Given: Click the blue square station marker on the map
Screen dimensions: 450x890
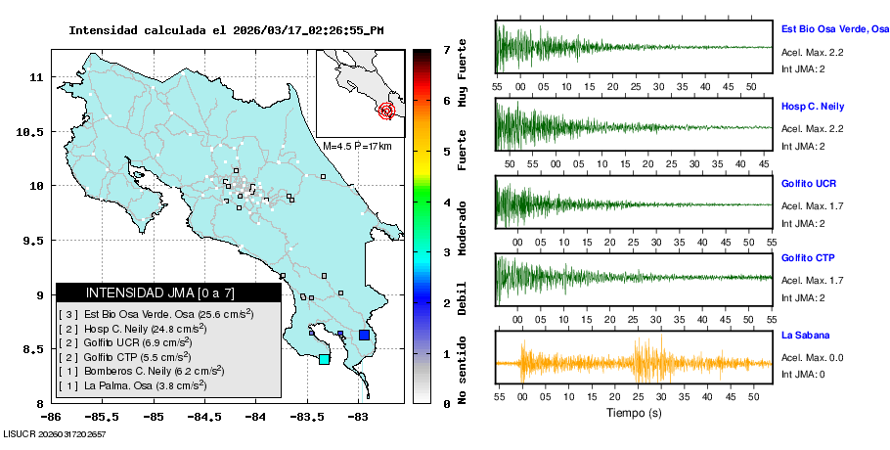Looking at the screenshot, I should click(x=364, y=336).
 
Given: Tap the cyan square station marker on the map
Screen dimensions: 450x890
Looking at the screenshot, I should click(x=325, y=360).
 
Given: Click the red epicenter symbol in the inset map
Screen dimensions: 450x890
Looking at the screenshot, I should click(x=387, y=111).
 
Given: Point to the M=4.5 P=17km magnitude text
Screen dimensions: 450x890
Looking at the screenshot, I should click(x=357, y=147).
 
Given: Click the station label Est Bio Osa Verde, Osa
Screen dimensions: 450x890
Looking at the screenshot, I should click(x=834, y=30).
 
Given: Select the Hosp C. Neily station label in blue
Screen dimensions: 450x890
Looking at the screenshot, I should click(x=813, y=106).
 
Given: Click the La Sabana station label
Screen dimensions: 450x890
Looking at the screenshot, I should click(x=804, y=336).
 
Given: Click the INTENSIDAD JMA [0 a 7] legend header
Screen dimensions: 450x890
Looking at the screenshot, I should click(x=160, y=293).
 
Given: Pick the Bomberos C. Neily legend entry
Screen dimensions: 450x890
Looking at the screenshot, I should click(x=141, y=372).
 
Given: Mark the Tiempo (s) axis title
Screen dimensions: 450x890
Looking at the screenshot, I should click(x=635, y=413).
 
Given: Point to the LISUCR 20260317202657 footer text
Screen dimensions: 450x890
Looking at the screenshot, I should click(x=54, y=433).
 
